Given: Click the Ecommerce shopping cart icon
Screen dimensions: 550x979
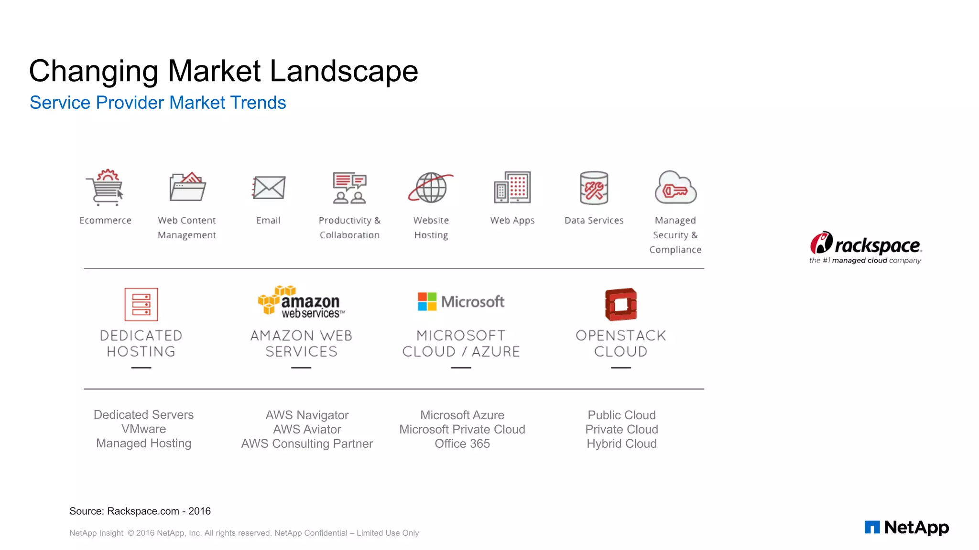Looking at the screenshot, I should tap(106, 188).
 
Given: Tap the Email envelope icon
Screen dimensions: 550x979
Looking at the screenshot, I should tap(269, 188).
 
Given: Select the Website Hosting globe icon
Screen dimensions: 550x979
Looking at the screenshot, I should tap(431, 188).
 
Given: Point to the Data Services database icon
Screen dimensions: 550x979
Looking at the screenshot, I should tap(594, 188).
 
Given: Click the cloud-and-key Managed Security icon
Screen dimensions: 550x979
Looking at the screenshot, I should tap(675, 188).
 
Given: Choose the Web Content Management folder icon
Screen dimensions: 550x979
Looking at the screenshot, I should tap(187, 187).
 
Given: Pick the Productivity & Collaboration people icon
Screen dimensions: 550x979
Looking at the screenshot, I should tap(349, 188).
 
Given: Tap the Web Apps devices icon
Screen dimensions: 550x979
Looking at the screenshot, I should tap(512, 188).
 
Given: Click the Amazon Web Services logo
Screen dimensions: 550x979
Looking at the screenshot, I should tap(301, 302).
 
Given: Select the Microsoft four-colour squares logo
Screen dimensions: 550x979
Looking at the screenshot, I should tap(427, 302).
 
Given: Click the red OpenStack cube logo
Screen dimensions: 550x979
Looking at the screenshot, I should tap(621, 304).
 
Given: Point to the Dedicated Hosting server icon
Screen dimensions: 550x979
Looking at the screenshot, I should tap(141, 304).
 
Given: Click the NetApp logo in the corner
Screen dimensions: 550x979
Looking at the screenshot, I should tap(906, 527).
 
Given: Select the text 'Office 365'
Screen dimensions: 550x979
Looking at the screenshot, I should tap(462, 444).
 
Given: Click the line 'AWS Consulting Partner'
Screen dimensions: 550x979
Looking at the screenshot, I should tap(307, 444).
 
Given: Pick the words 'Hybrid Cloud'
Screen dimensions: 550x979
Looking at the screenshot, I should tap(621, 444).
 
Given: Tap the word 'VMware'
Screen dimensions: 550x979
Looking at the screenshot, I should tap(143, 429).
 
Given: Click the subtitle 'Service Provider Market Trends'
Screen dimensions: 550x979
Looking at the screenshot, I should tap(158, 103).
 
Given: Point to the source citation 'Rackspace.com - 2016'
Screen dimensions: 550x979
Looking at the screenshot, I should tap(159, 511).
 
